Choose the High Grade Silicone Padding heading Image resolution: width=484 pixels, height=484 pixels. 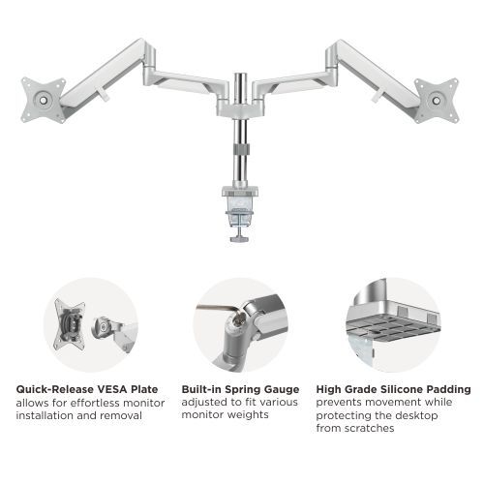[394, 389]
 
